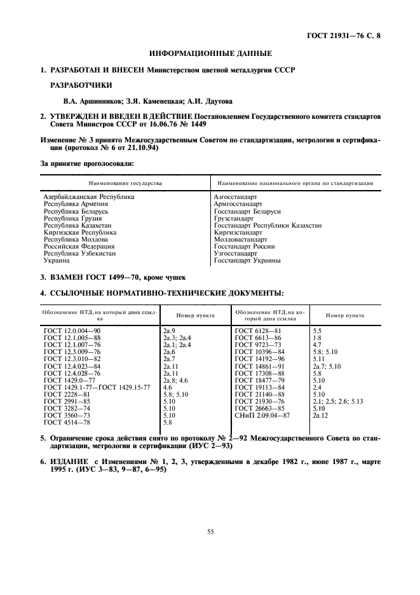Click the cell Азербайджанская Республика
pos(88,197)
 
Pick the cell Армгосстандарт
pos(238,204)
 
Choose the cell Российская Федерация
pos(79,246)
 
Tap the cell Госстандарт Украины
pos(247,260)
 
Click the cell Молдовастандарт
pos(241,239)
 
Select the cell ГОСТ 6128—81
pos(258,331)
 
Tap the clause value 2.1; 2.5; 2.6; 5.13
pos(337,401)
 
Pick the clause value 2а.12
pos(320,415)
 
